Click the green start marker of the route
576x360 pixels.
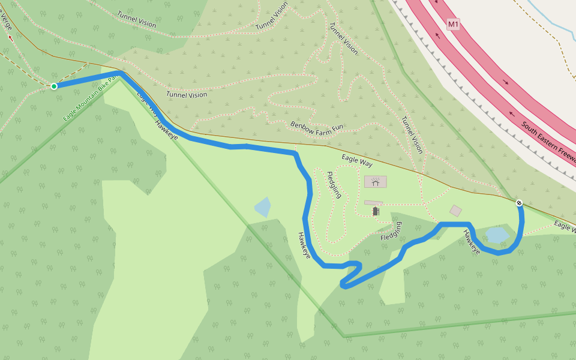54,86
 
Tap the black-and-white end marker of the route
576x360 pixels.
519,203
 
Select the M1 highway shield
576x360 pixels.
453,25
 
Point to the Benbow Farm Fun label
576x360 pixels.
317,127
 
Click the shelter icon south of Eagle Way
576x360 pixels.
375,182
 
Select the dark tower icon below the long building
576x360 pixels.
376,211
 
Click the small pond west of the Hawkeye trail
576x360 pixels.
263,208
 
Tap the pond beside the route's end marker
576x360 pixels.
497,235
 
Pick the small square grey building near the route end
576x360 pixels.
455,211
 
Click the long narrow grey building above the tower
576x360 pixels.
373,203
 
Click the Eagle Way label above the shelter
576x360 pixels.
357,161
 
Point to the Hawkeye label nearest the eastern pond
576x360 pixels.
472,242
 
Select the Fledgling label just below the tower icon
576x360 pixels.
391,232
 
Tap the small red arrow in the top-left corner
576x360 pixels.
10,37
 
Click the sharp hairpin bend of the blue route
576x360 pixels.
343,284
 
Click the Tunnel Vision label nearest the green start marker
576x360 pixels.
187,95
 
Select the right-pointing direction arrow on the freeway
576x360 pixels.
506,82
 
